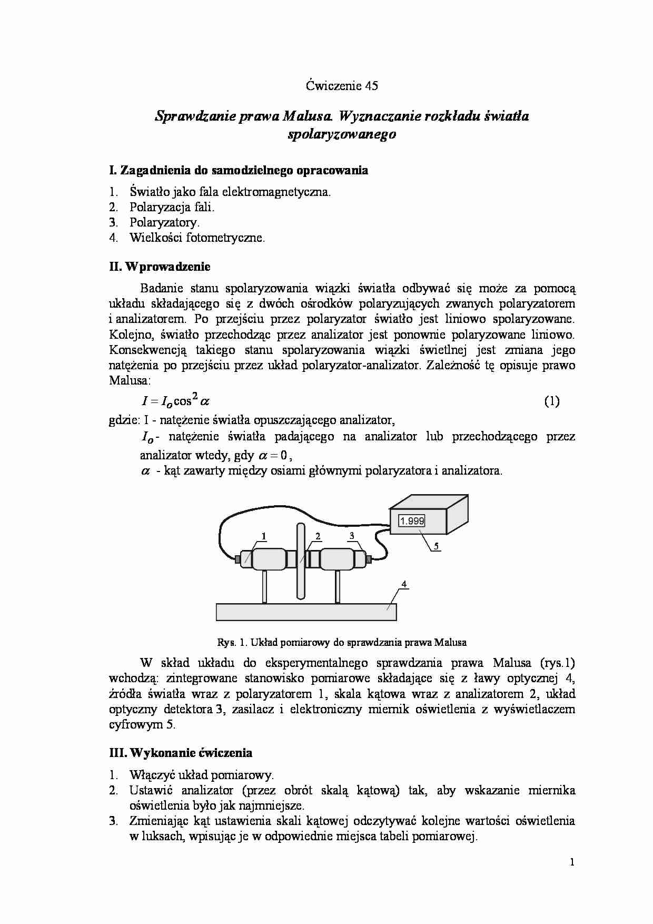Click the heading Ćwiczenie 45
coord(342,86)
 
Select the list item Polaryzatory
coord(164,222)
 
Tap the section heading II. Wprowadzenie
coord(160,267)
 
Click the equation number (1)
coord(551,401)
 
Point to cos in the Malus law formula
coord(182,401)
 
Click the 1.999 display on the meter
coord(412,521)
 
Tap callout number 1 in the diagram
coord(263,536)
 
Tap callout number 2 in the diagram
coord(318,536)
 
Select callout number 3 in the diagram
coord(351,536)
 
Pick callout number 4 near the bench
coord(404,584)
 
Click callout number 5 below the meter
coord(436,547)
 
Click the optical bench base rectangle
coord(306,612)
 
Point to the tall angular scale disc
coord(301,561)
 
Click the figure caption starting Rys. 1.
coord(342,643)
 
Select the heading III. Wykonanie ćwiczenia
coord(180,753)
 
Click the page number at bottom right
coord(571,862)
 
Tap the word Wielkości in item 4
coord(156,238)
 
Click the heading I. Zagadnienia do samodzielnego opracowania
coord(238,170)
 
